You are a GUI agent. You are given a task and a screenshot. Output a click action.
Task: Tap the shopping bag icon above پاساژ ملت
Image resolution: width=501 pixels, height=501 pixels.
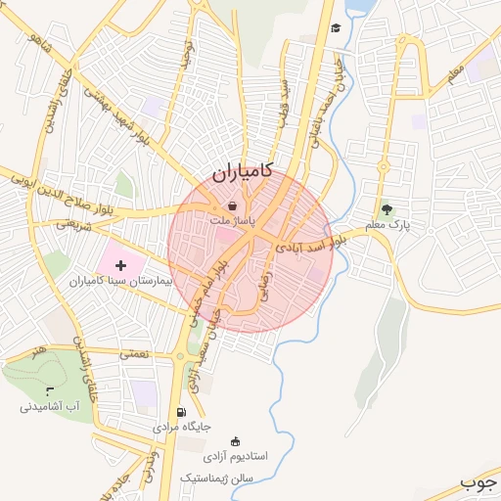point(232,206)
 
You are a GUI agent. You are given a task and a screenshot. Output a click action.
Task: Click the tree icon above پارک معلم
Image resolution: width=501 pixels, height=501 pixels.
point(386,208)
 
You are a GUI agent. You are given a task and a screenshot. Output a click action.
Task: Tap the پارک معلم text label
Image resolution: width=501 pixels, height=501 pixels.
point(387,225)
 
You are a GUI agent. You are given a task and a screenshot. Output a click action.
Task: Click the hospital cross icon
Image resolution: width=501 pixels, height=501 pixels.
point(121,265)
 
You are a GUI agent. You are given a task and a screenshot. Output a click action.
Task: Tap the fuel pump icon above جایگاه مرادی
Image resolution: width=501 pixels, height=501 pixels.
point(181,412)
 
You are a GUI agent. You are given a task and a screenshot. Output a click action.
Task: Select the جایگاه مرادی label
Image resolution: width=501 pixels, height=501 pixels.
point(182,428)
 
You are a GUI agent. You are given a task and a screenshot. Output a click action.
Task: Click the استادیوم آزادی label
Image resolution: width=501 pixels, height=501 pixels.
point(234,457)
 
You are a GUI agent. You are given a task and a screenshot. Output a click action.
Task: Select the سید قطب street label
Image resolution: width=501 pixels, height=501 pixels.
point(285,99)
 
